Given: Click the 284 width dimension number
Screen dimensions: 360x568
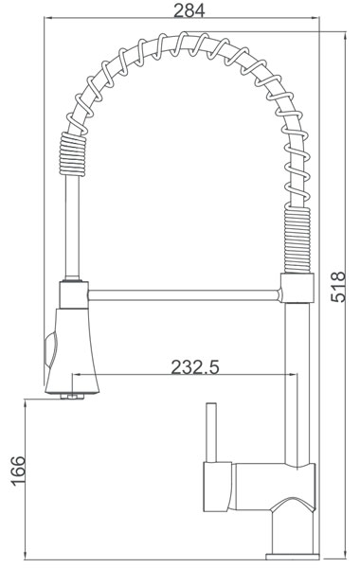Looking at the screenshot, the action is [189, 10].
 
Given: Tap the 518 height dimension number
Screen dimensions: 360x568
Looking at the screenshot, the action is [338, 287].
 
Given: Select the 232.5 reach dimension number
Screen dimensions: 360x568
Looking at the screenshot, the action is [195, 367].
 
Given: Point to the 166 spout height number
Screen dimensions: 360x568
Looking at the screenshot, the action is [18, 470].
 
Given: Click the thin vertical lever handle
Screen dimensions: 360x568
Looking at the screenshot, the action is [211, 433].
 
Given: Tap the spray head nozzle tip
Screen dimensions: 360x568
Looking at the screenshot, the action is [72, 396].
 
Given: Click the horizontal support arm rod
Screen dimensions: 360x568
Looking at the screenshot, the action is [184, 295].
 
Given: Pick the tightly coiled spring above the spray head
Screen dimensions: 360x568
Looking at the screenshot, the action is [73, 154].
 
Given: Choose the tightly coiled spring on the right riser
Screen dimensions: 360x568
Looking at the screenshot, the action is [297, 239].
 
